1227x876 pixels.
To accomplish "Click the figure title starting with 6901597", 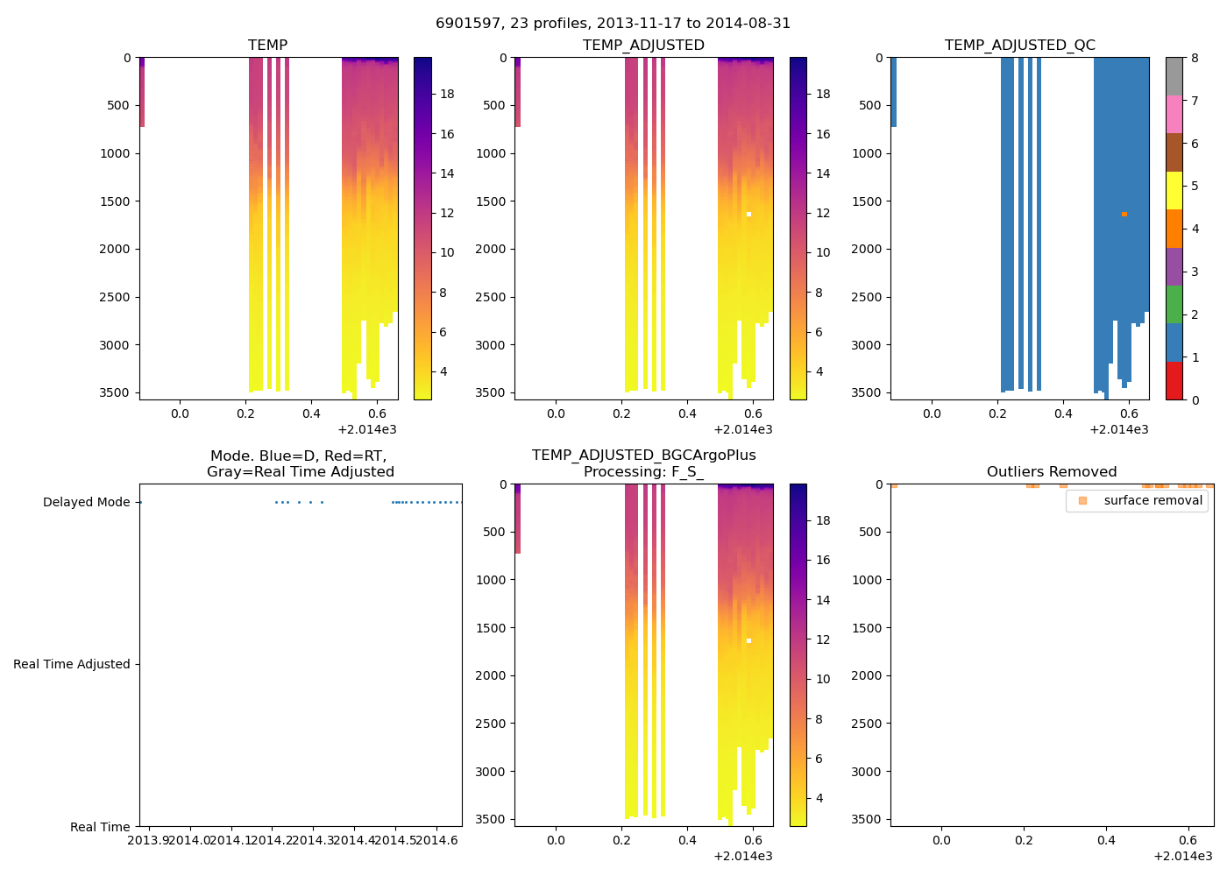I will coord(613,24).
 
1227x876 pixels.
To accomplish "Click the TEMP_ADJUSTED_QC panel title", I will coord(1019,45).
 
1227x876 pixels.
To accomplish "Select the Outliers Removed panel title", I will coord(1052,472).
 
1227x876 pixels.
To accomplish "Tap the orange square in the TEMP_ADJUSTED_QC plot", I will coord(1124,214).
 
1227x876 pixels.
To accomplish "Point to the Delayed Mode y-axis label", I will coord(86,502).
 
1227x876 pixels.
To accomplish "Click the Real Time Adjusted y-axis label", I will coord(72,664).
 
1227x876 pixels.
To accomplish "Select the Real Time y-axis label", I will coord(100,827).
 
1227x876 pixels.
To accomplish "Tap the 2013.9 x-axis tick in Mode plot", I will coord(149,841).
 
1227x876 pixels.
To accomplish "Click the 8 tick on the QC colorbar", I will coord(1195,58).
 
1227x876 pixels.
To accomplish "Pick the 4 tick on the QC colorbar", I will coord(1195,229).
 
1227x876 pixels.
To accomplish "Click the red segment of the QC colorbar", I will coord(1174,381).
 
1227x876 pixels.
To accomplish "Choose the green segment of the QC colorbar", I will coord(1174,304).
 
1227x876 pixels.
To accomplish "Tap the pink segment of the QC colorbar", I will coord(1174,114).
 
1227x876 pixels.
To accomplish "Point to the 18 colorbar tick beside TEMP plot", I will coord(447,95).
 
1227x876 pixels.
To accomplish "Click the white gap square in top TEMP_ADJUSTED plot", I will coord(748,214).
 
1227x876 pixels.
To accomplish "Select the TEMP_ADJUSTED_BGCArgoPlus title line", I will coord(643,456).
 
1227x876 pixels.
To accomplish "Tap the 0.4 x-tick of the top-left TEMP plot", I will coord(311,413).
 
